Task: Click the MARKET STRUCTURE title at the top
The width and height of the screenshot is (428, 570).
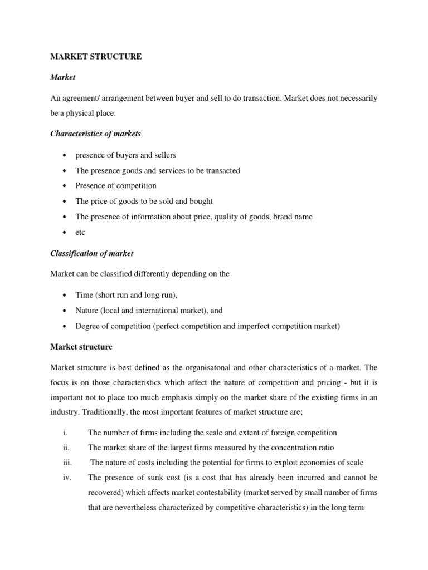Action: coord(96,57)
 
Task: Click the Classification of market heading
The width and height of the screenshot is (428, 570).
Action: coord(92,253)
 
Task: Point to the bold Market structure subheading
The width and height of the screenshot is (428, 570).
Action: coord(81,347)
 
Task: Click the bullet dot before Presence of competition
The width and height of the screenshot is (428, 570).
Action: coord(66,186)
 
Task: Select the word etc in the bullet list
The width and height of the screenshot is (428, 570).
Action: coord(80,232)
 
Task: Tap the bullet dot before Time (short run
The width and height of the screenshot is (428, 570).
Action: coord(66,295)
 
